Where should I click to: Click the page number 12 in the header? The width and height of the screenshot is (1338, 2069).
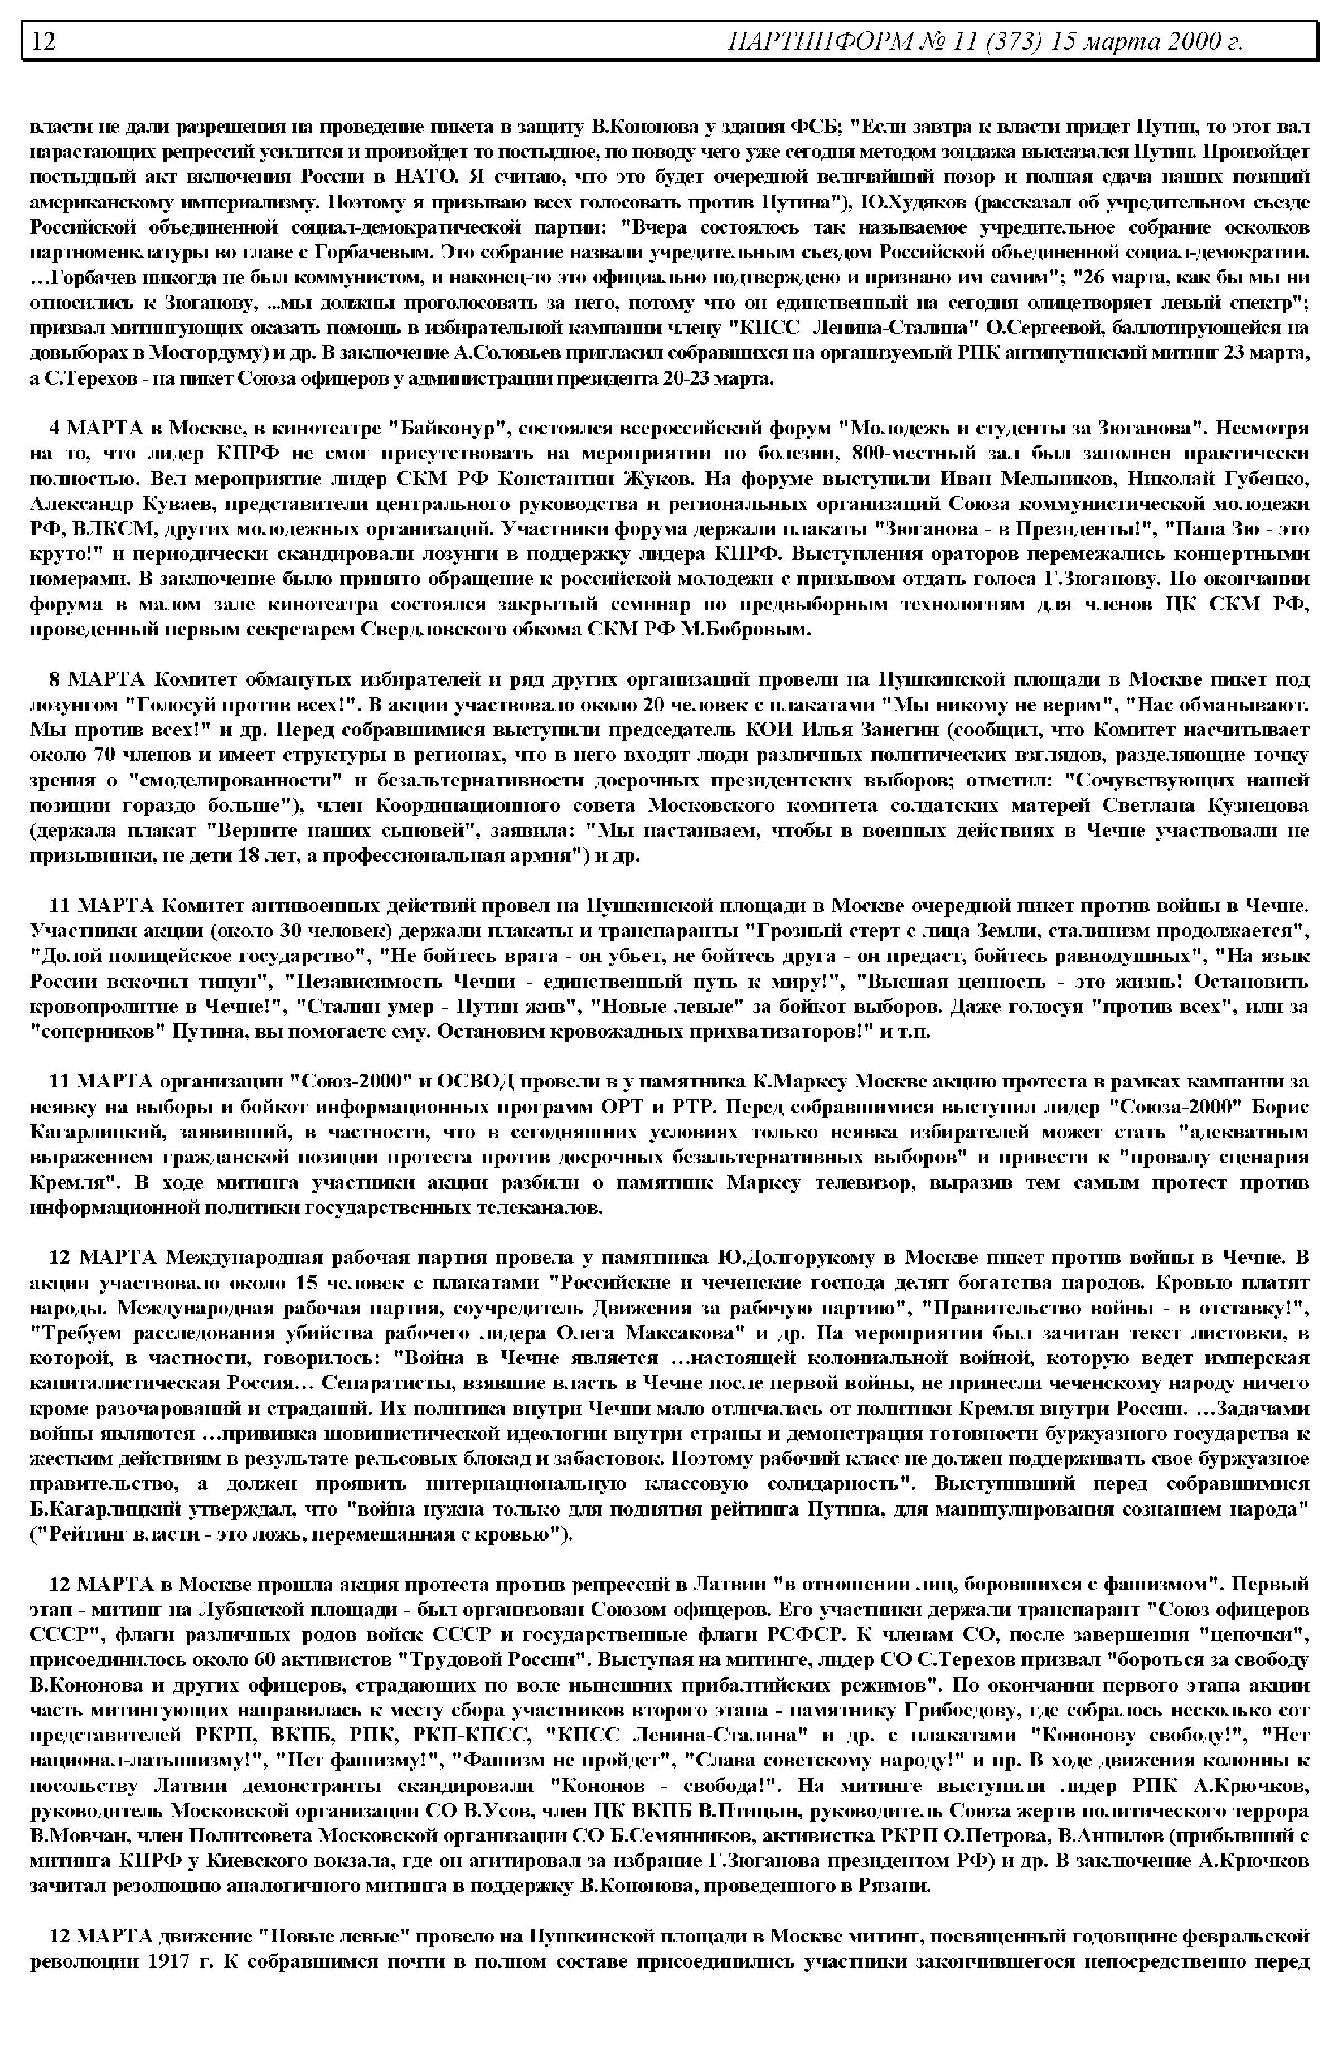[x=44, y=41]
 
